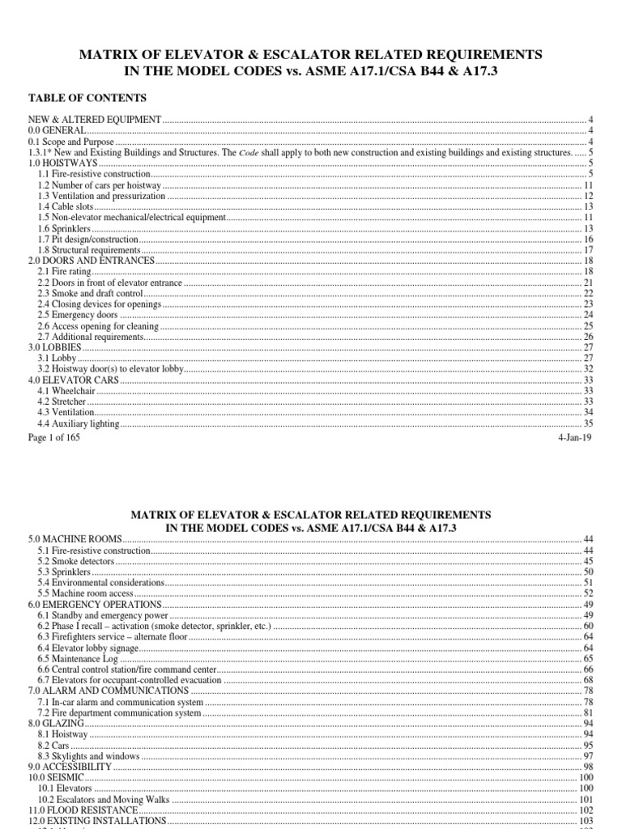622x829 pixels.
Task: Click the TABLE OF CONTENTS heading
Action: [x=87, y=98]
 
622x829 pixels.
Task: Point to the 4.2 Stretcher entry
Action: [x=63, y=402]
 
